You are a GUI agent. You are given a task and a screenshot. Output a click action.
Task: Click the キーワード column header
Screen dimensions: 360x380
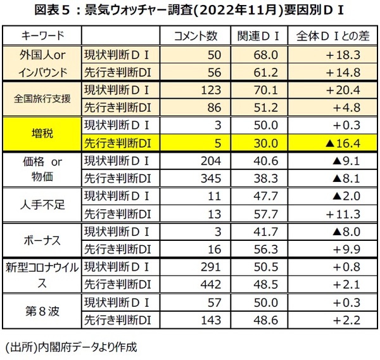tap(43, 34)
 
